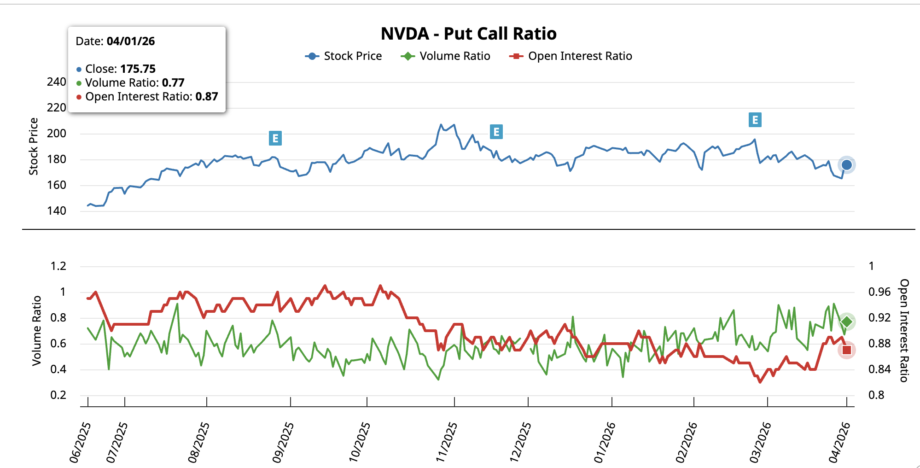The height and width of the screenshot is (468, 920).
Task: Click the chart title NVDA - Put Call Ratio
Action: pyautogui.click(x=468, y=34)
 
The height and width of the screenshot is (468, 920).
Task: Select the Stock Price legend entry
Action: pyautogui.click(x=344, y=56)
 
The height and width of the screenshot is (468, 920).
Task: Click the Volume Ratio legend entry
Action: pyautogui.click(x=445, y=56)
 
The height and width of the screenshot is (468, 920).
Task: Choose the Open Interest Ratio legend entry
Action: pyautogui.click(x=571, y=56)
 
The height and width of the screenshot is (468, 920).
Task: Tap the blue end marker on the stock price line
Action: pyautogui.click(x=846, y=165)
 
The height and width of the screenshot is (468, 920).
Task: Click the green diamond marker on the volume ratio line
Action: pyautogui.click(x=846, y=322)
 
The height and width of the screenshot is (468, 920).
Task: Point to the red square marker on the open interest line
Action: pyautogui.click(x=846, y=350)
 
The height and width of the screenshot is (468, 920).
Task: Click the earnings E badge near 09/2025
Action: pyautogui.click(x=275, y=138)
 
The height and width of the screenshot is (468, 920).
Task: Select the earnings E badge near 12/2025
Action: pyautogui.click(x=496, y=132)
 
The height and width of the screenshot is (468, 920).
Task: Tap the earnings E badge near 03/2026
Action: pyautogui.click(x=755, y=120)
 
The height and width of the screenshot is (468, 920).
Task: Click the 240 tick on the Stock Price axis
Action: pyautogui.click(x=57, y=82)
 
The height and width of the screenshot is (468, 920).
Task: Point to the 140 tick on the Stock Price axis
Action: pyautogui.click(x=57, y=211)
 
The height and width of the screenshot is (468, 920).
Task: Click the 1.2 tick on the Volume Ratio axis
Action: pyautogui.click(x=58, y=266)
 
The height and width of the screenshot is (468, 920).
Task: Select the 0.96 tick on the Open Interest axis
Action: pyautogui.click(x=879, y=292)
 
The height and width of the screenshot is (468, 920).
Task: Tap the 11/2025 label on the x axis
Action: pyautogui.click(x=447, y=442)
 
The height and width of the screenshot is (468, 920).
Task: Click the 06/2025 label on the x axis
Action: pyautogui.click(x=80, y=442)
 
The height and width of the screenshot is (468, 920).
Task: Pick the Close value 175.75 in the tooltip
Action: pyautogui.click(x=138, y=69)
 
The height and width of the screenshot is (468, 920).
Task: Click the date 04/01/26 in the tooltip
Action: pyautogui.click(x=131, y=41)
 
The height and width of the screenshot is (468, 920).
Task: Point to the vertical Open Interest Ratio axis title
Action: pyautogui.click(x=904, y=330)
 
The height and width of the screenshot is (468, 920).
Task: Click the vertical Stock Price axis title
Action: pyautogui.click(x=34, y=146)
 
